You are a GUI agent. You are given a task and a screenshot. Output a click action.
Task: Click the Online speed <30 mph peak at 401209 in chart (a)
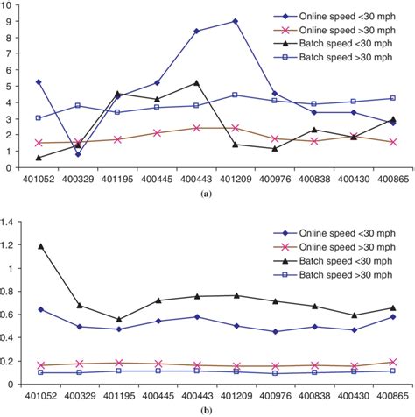(235, 21)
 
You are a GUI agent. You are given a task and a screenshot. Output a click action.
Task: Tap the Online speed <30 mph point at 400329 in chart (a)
(78, 154)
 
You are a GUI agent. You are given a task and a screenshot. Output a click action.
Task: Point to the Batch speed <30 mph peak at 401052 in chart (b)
(39, 246)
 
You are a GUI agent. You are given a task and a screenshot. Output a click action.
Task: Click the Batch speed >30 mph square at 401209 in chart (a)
(235, 95)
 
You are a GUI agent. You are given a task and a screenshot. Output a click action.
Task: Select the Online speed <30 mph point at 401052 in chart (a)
(39, 81)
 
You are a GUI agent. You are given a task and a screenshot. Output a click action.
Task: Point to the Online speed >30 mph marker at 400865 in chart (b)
(392, 361)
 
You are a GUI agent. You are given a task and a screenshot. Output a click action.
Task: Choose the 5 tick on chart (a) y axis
(10, 86)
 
